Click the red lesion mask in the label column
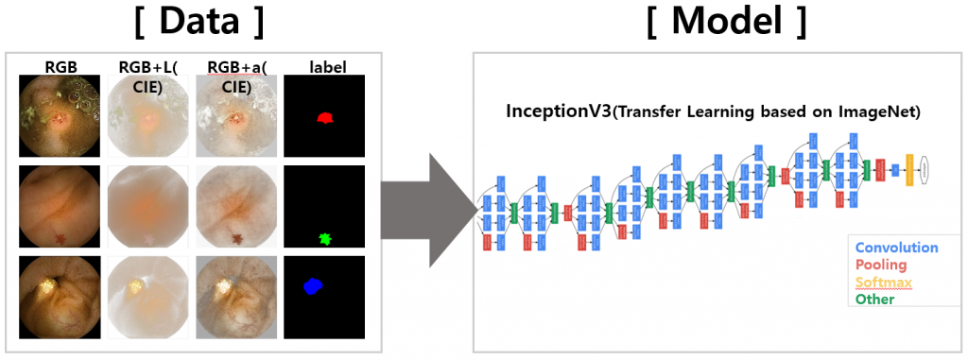tap(325, 118)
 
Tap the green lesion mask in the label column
tap(326, 238)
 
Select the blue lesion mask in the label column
tap(314, 285)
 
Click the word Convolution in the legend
tap(896, 248)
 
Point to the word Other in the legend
tap(874, 299)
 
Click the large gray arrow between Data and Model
tap(428, 210)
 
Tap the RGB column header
tap(60, 67)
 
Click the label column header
tap(324, 67)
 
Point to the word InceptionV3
tap(559, 111)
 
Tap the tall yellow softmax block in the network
tap(909, 170)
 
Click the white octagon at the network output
tap(925, 170)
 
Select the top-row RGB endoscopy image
tap(60, 115)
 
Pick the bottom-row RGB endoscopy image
tap(60, 297)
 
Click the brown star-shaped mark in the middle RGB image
tap(60, 238)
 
